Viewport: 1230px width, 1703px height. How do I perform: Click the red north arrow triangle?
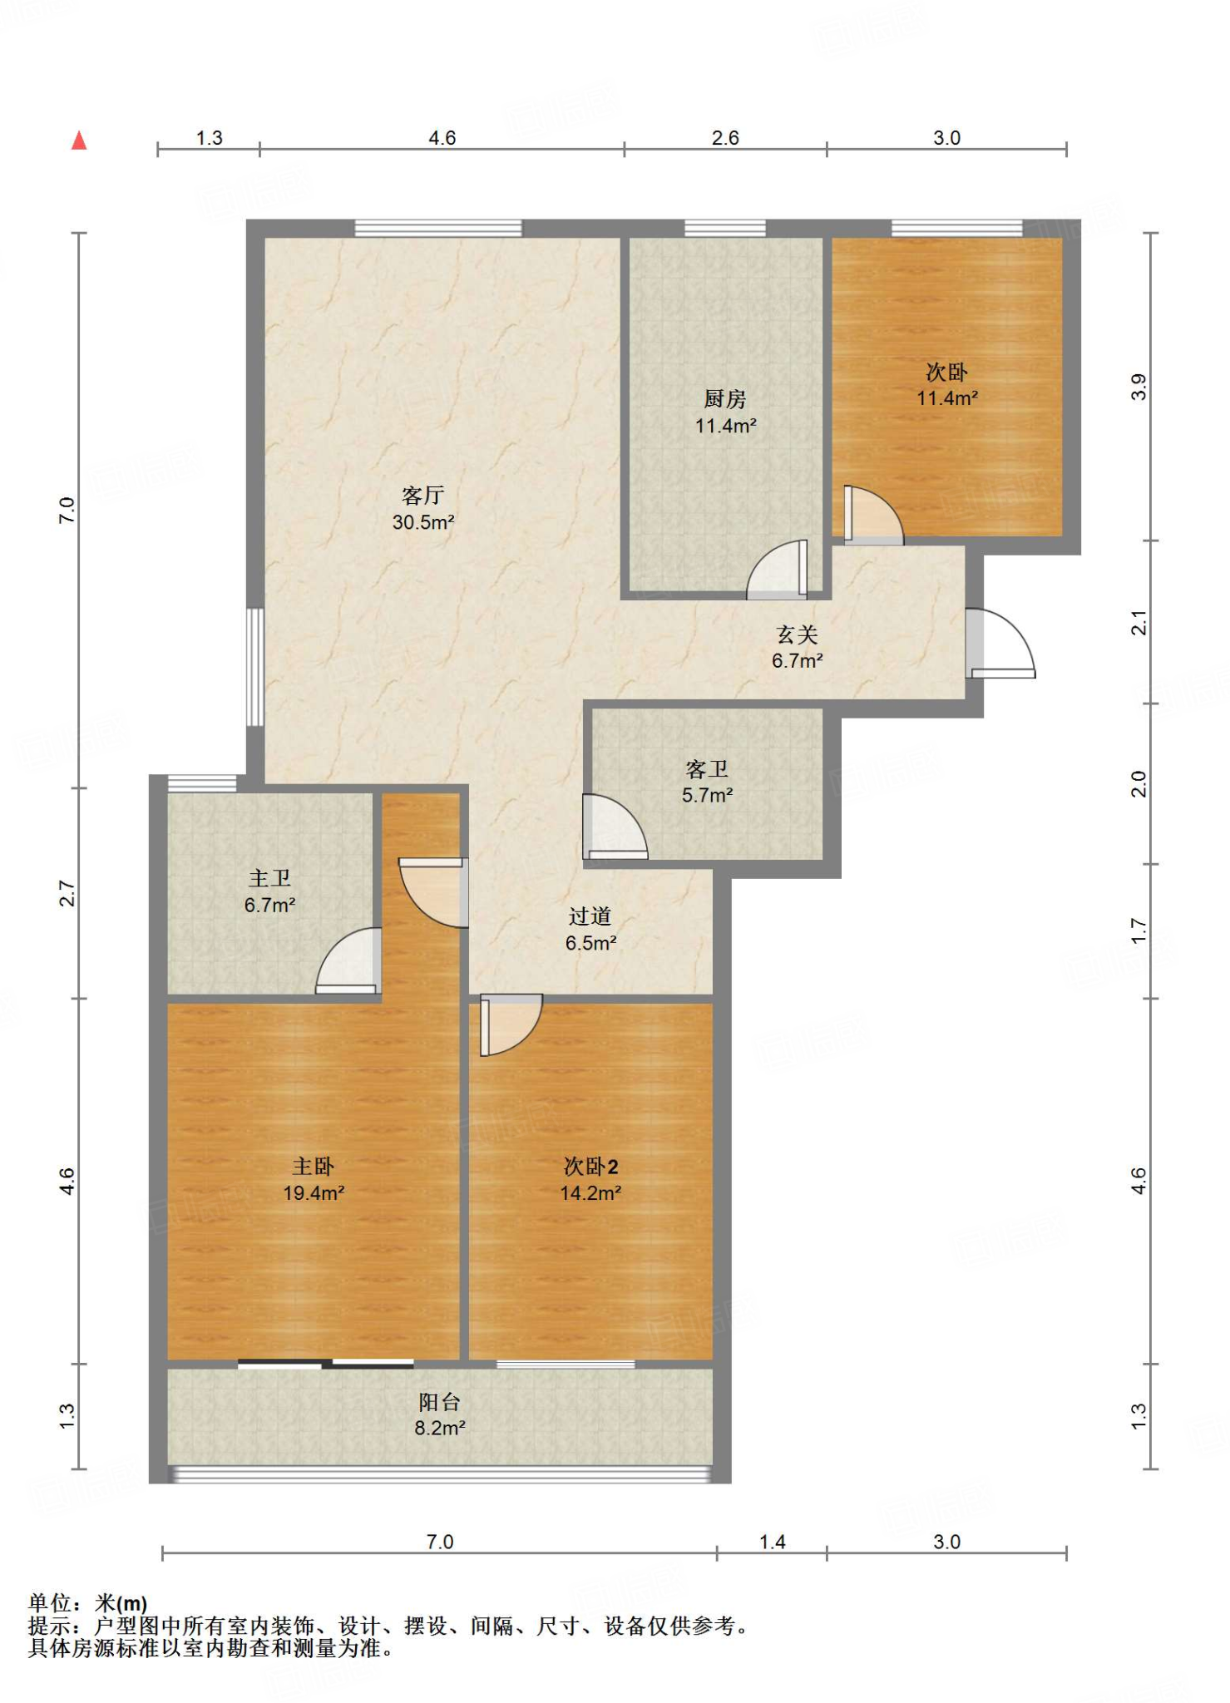click(x=79, y=141)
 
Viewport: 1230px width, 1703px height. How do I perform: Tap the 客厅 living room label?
click(x=422, y=496)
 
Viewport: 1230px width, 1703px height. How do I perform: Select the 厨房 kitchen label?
click(x=725, y=399)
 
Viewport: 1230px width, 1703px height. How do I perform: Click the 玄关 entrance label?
click(x=798, y=634)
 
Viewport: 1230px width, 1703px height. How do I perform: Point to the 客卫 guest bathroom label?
click(x=707, y=768)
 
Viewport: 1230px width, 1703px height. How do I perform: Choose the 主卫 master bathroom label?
click(x=269, y=878)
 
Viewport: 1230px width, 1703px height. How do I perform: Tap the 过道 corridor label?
click(x=590, y=916)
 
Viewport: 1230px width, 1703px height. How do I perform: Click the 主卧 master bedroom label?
click(x=314, y=1166)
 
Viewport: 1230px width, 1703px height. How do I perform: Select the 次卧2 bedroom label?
click(x=590, y=1166)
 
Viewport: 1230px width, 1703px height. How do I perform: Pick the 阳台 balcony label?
click(x=439, y=1402)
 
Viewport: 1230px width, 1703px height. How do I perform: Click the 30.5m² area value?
click(x=423, y=522)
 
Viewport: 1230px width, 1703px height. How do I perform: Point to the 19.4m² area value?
click(x=314, y=1192)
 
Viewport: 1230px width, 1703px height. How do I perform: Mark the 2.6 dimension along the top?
click(x=725, y=137)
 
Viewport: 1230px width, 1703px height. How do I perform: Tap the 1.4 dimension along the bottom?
click(x=772, y=1542)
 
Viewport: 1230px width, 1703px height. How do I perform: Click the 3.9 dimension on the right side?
click(x=1139, y=387)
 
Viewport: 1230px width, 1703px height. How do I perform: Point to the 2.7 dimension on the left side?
click(x=67, y=893)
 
